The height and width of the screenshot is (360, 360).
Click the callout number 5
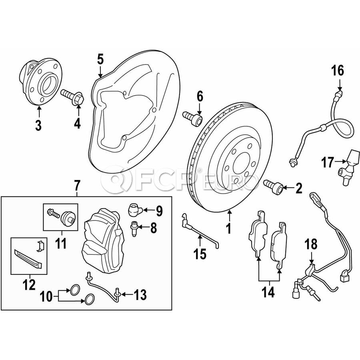pyautogui.click(x=100, y=60)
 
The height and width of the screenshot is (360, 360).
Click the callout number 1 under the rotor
pyautogui.click(x=228, y=229)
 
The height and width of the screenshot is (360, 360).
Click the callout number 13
pyautogui.click(x=140, y=296)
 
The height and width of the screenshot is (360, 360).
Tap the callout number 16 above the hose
pyautogui.click(x=337, y=71)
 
